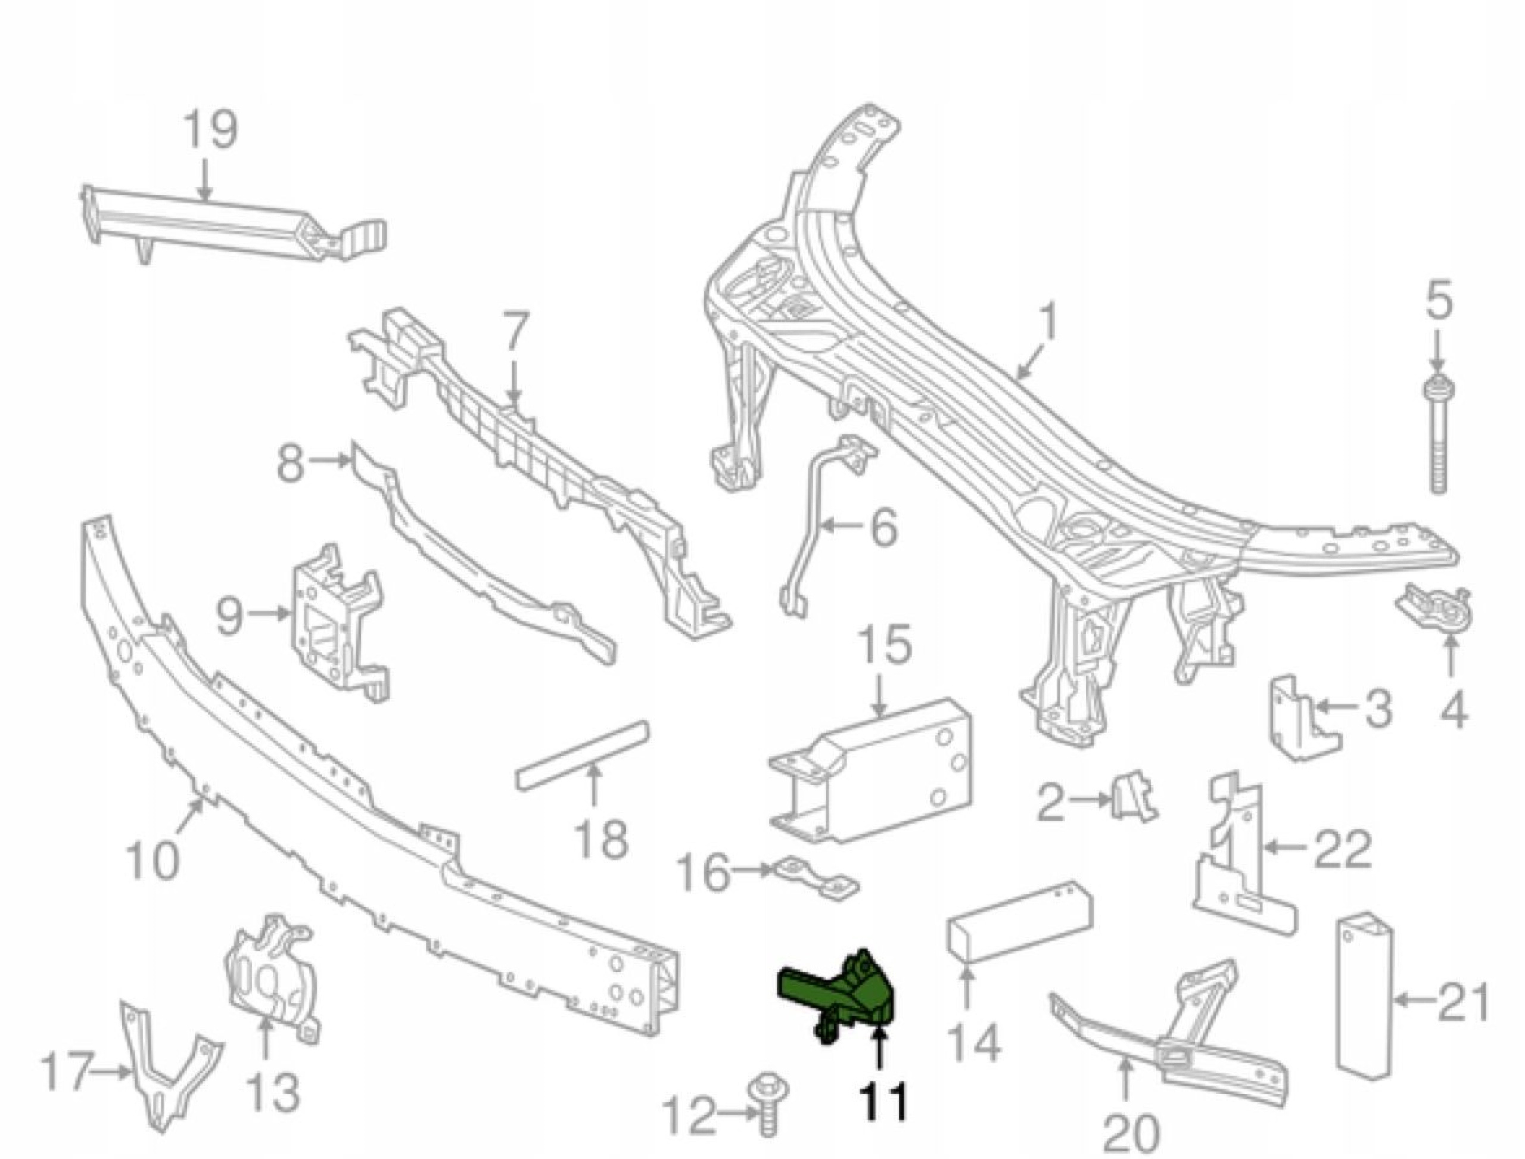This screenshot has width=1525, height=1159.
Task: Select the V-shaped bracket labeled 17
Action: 170,1076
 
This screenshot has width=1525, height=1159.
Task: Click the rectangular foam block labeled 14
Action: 1017,919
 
